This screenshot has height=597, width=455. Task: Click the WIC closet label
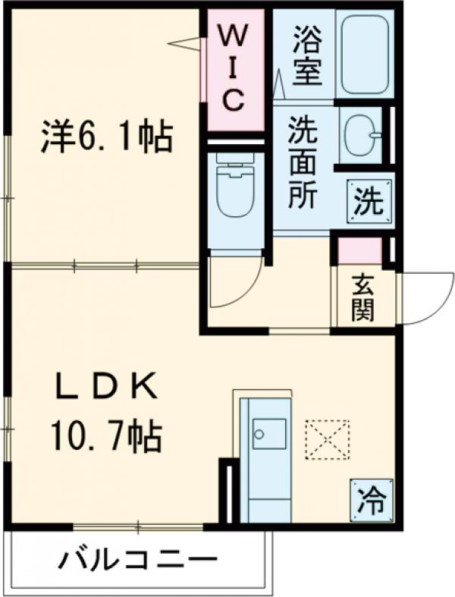tap(232, 67)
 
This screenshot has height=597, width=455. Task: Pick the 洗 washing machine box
tap(369, 202)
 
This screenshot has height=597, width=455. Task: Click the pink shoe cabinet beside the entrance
tap(359, 250)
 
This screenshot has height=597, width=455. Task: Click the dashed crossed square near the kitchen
tap(327, 440)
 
